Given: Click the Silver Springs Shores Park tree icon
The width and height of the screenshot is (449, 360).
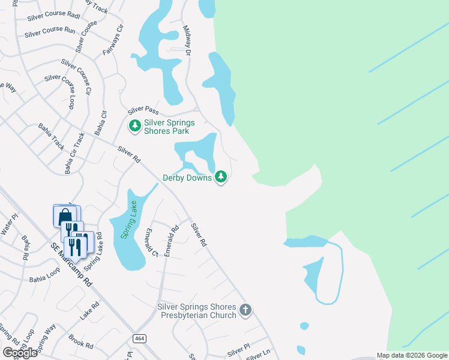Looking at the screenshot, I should pos(135,125).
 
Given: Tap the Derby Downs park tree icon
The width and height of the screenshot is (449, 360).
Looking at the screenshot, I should pos(222,177).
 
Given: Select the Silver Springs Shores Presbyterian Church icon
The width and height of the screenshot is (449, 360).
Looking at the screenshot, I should pos(245,310).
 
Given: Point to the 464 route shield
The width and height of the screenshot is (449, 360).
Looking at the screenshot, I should pos(139,338).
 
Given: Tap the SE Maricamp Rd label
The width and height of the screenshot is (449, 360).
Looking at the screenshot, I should pos(71,263).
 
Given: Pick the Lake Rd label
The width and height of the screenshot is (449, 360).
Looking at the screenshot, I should pos(89,310).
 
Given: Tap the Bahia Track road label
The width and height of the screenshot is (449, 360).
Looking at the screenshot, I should pos(51,137).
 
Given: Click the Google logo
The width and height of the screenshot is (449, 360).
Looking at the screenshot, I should pos(19,353).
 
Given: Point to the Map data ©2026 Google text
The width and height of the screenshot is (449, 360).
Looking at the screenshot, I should pos(412,355).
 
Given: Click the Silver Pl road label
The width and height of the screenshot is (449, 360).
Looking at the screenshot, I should pos(238,349).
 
